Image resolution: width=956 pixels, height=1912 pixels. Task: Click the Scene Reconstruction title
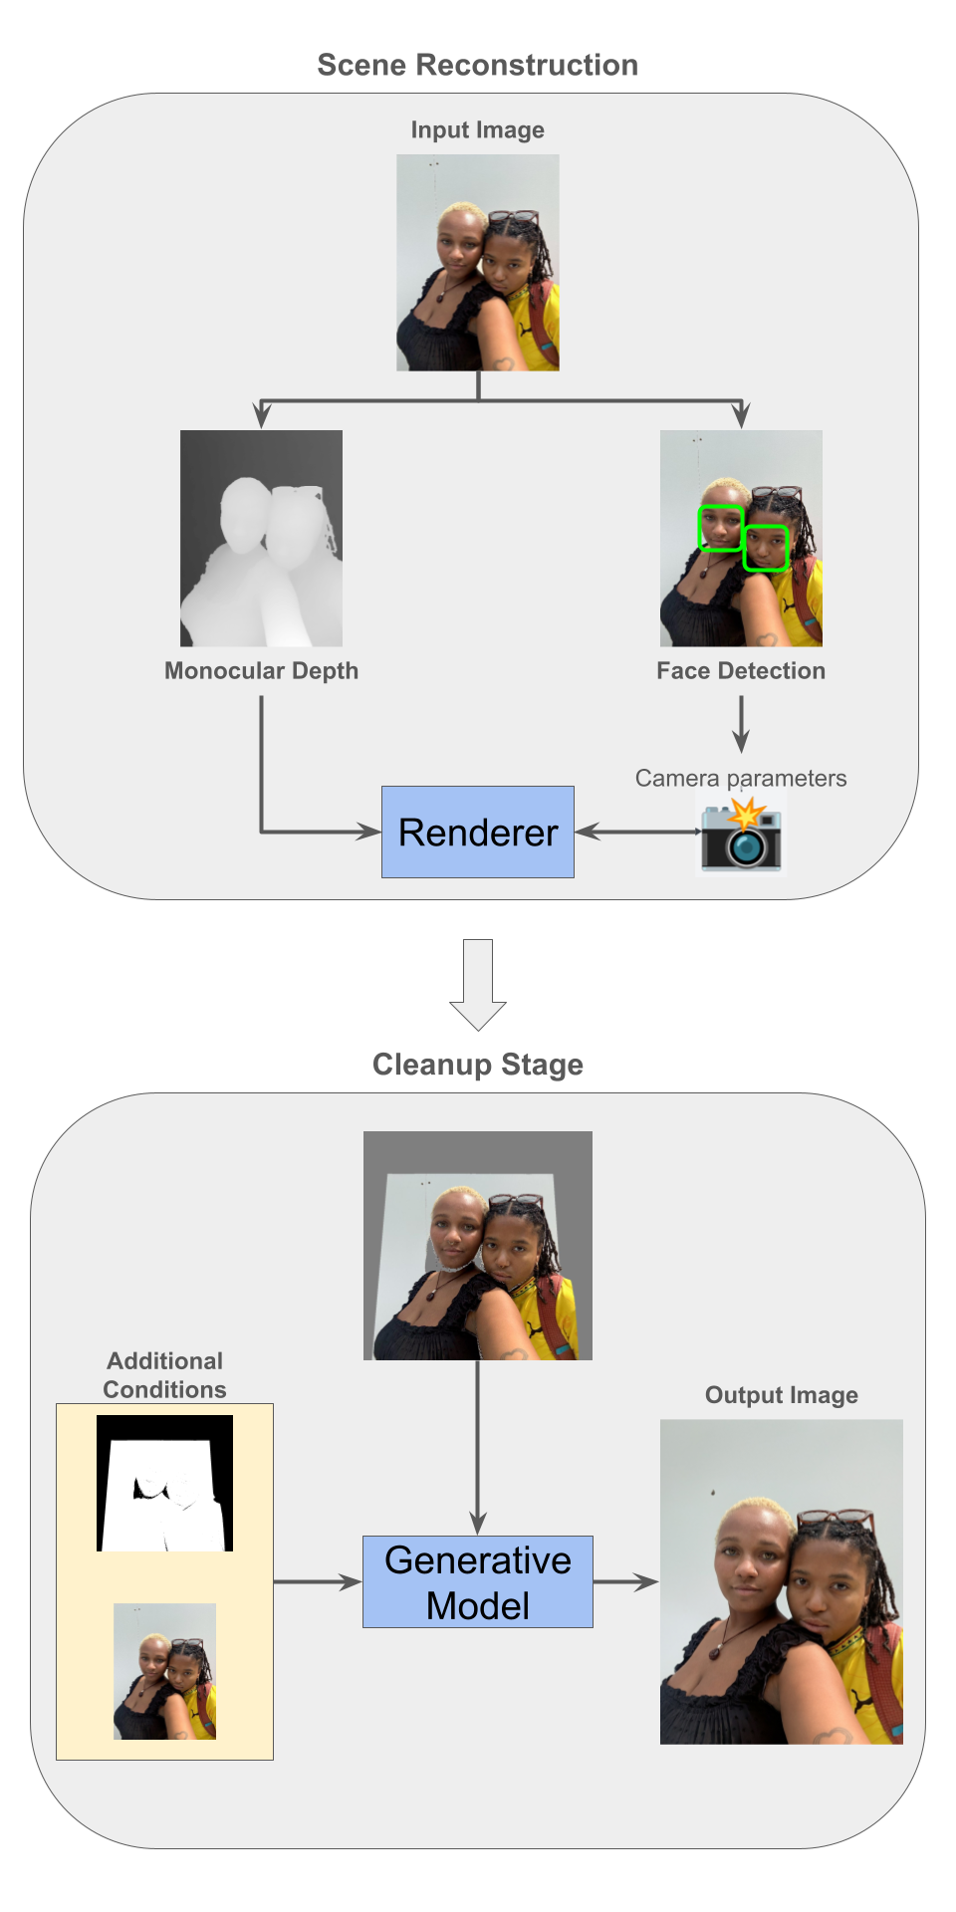point(477,66)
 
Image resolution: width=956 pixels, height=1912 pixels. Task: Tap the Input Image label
point(477,130)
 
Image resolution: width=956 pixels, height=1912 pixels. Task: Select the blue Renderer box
point(477,832)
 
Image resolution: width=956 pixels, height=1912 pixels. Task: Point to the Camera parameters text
point(740,778)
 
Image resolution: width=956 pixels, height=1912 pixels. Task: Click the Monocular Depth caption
point(261,671)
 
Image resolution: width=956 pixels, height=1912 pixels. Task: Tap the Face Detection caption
point(740,671)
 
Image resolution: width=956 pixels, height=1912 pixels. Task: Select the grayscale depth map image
point(261,538)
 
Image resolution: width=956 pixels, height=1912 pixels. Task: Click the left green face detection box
point(721,528)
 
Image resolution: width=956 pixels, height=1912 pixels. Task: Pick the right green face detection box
point(766,548)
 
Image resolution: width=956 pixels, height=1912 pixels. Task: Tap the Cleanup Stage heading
point(477,1065)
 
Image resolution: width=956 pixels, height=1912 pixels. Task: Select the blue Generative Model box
point(477,1581)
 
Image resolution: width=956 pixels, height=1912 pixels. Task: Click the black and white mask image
point(164,1483)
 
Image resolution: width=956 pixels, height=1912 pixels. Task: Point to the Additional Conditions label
point(164,1375)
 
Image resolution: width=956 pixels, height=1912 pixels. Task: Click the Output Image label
point(781,1395)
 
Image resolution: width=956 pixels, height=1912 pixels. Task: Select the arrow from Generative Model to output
point(625,1581)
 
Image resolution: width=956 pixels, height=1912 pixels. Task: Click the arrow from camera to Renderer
point(637,832)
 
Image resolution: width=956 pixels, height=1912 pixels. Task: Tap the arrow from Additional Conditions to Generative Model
point(317,1581)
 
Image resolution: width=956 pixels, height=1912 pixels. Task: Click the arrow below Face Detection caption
point(740,724)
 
